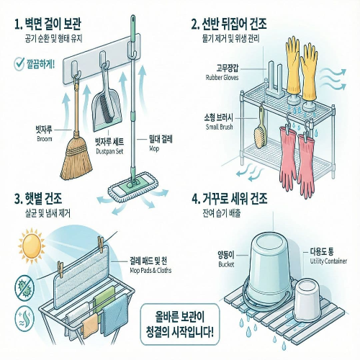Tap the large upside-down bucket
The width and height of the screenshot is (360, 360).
click(x=270, y=262)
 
